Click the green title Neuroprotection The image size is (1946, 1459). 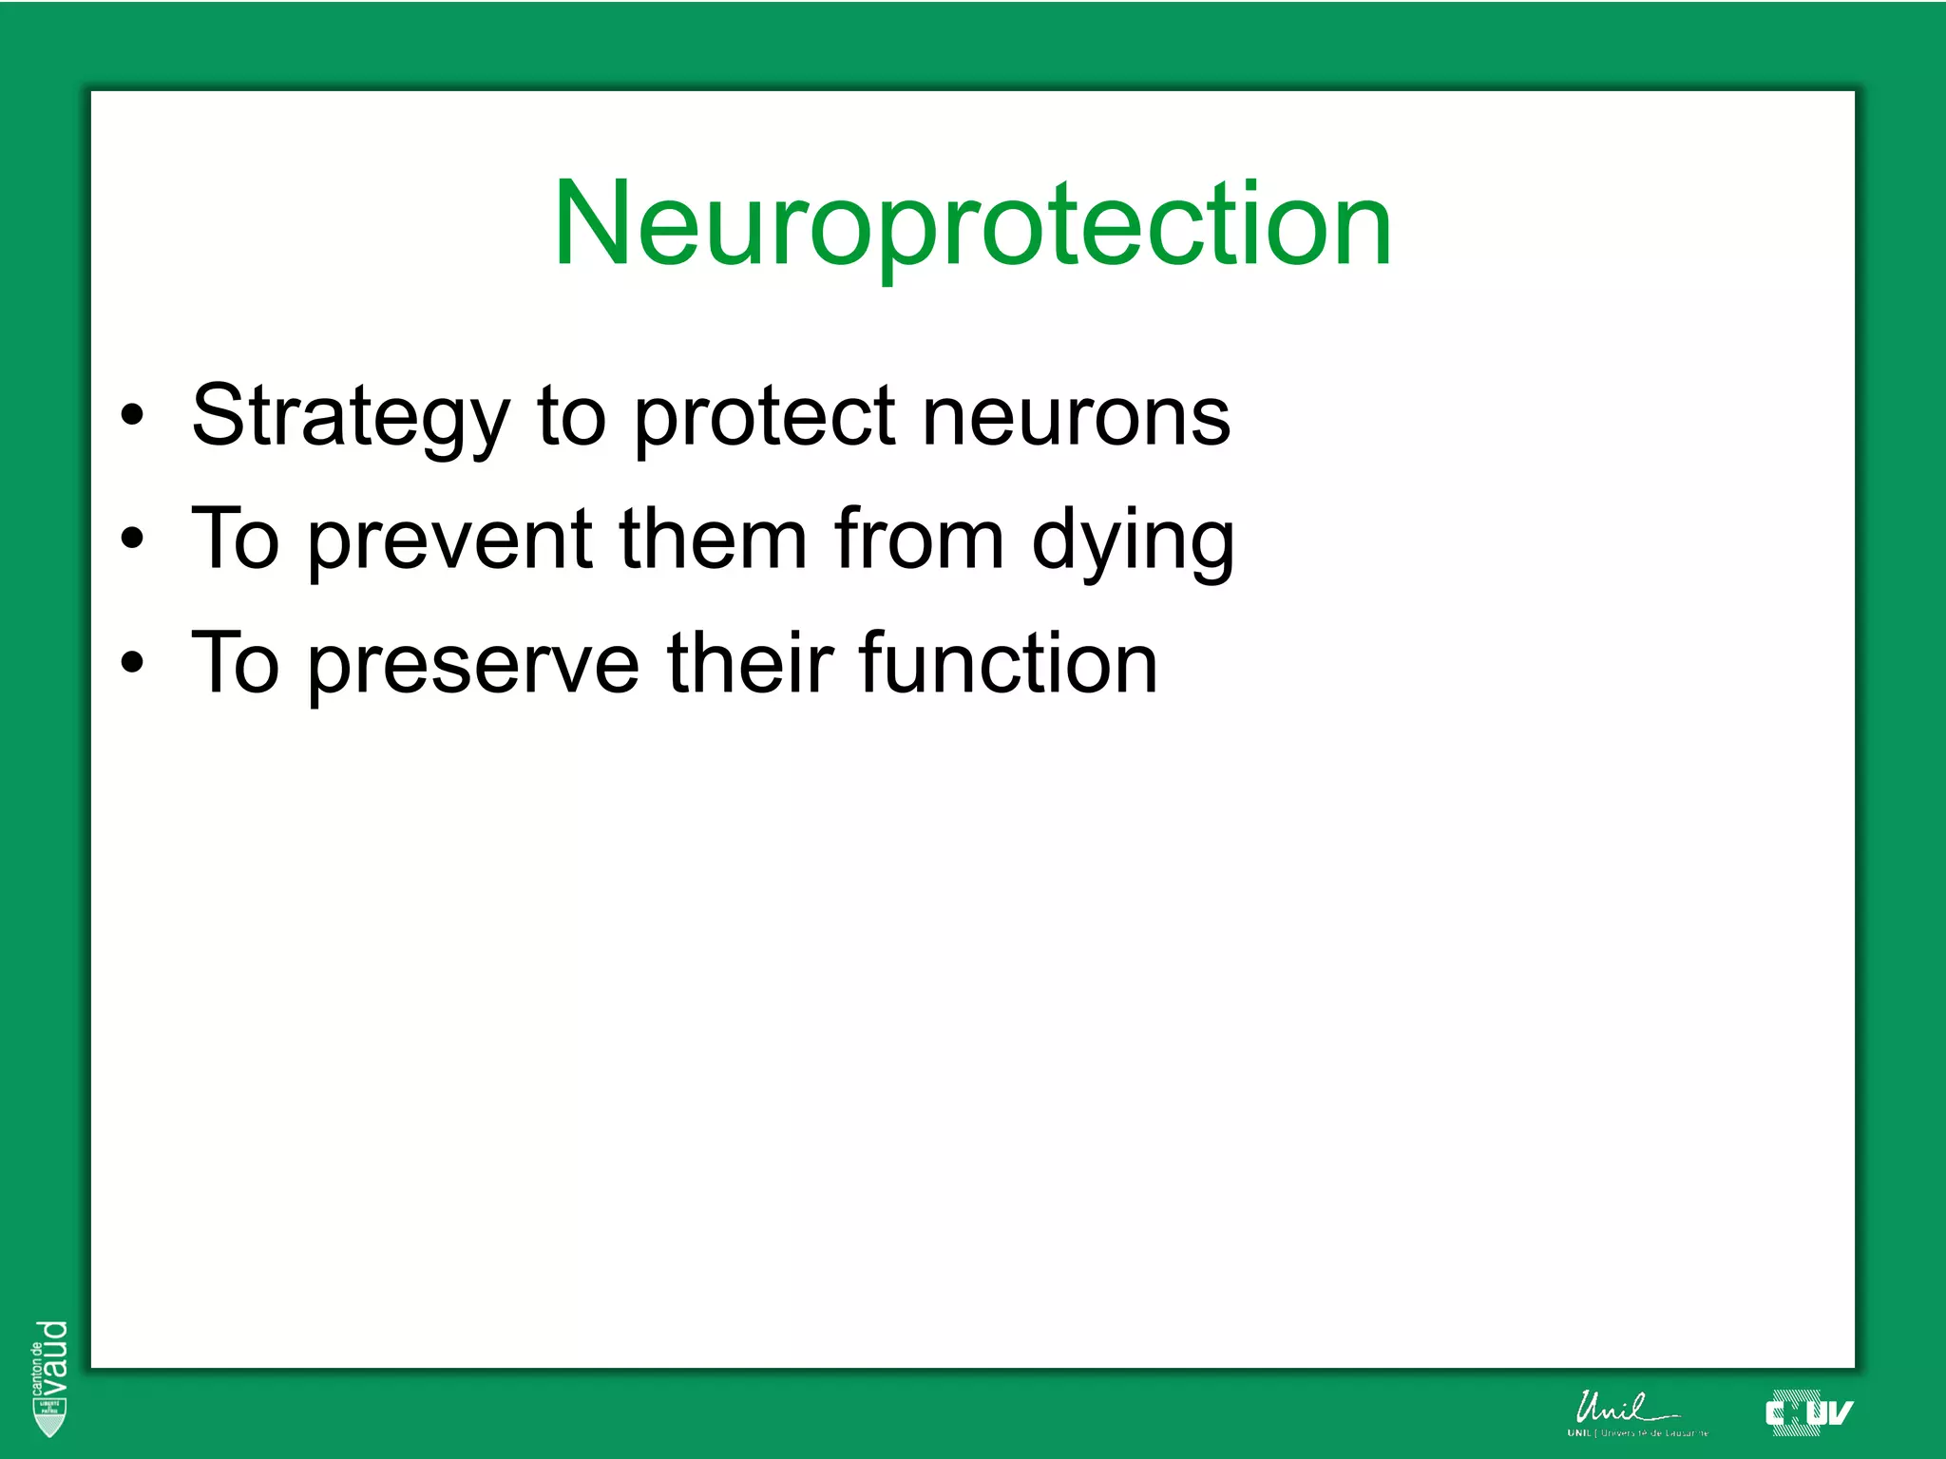coord(972,224)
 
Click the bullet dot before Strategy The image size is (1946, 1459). coord(132,416)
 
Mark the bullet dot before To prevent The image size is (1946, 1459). coord(132,540)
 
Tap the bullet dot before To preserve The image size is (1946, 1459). coord(132,663)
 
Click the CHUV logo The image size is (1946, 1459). coord(1807,1413)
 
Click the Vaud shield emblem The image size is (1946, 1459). coord(49,1417)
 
